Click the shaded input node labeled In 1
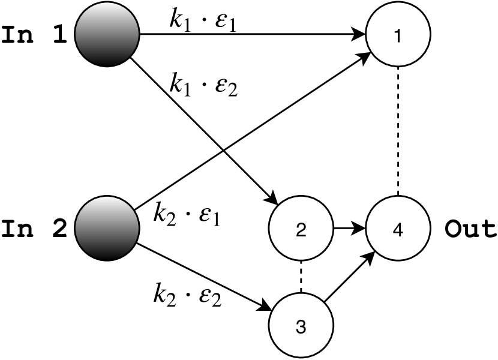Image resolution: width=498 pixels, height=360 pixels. (106, 35)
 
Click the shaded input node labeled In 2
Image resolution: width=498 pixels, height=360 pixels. (106, 229)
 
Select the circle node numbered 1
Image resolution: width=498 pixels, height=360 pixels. (397, 35)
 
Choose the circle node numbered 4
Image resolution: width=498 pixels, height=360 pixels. (397, 229)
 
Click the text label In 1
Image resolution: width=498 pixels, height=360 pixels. (34, 35)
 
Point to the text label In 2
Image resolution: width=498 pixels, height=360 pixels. (34, 229)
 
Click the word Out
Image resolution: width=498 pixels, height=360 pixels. (470, 229)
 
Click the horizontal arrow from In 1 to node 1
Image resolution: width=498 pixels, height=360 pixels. (252, 35)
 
